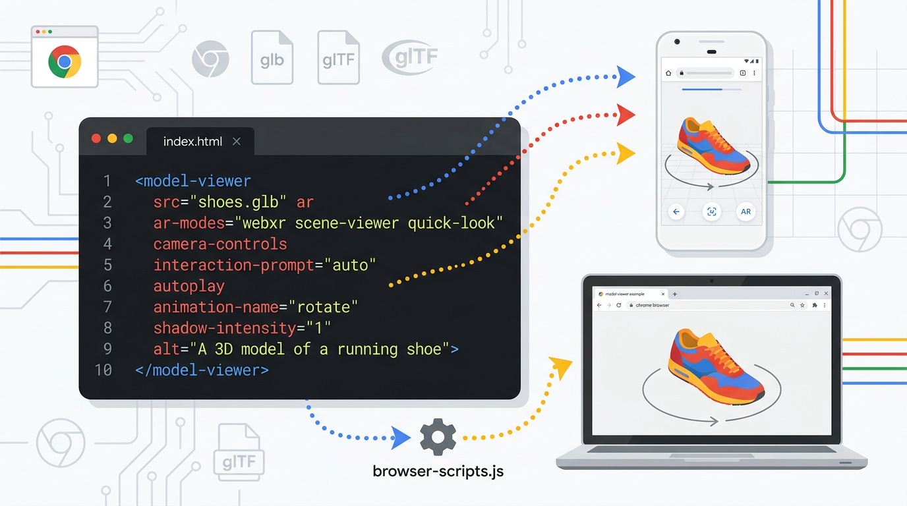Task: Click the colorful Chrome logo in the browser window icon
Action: [65, 63]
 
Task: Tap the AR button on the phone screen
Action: [746, 212]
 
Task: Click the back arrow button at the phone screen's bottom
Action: [676, 212]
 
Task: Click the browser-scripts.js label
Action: [438, 471]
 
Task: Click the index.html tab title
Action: [192, 142]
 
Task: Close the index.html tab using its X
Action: [237, 142]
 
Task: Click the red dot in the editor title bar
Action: [96, 138]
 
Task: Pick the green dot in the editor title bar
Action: [128, 138]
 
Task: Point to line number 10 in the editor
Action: [103, 370]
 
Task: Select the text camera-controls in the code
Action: [220, 244]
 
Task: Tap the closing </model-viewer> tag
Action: [202, 370]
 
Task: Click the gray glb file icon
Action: [272, 59]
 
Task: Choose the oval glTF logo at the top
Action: [410, 58]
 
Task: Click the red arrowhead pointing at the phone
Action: [625, 115]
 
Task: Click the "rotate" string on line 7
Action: [324, 307]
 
